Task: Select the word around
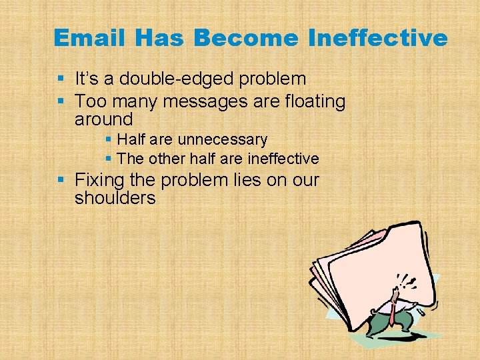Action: pos(104,120)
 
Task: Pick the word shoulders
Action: pos(115,198)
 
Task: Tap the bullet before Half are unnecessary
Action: pos(109,140)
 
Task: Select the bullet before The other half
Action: pos(109,159)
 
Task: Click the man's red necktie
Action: pos(396,304)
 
